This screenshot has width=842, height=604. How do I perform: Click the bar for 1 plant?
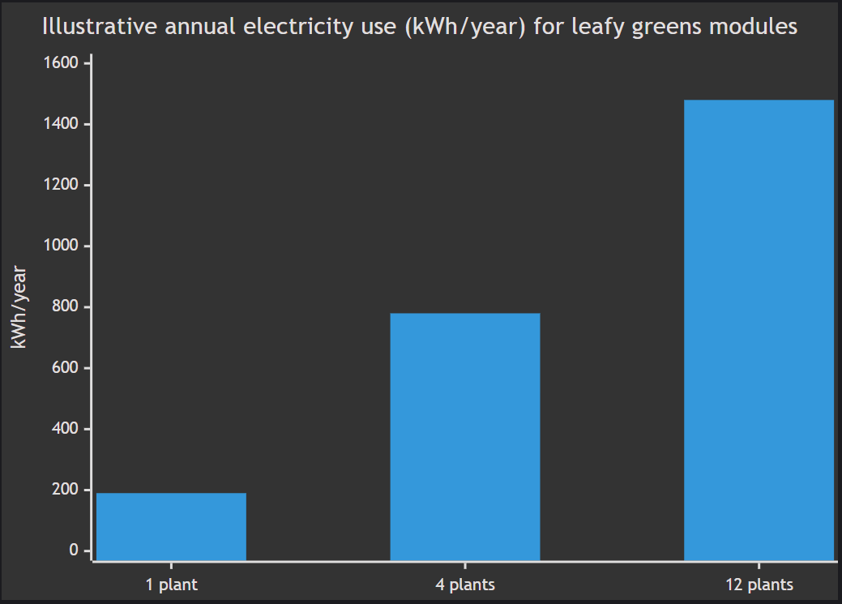pyautogui.click(x=171, y=526)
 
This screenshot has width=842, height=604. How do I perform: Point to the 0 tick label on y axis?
pyautogui.click(x=74, y=550)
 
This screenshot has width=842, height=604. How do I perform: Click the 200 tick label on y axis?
pyautogui.click(x=66, y=490)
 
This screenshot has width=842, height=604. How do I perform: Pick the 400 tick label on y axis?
pyautogui.click(x=66, y=429)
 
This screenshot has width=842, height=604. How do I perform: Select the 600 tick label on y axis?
pyautogui.click(x=66, y=368)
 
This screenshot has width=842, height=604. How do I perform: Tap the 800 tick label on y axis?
pyautogui.click(x=66, y=307)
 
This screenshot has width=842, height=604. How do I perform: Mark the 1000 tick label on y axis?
pyautogui.click(x=63, y=246)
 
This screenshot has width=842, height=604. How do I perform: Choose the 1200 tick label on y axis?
pyautogui.click(x=63, y=185)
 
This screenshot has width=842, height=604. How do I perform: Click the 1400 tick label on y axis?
pyautogui.click(x=63, y=124)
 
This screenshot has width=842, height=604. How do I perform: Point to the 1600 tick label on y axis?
pyautogui.click(x=63, y=63)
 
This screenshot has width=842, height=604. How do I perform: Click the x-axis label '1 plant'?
pyautogui.click(x=171, y=584)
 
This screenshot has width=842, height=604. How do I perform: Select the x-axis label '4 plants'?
pyautogui.click(x=465, y=584)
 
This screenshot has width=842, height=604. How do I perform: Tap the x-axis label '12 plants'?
pyautogui.click(x=759, y=584)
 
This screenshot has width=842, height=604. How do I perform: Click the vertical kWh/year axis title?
pyautogui.click(x=19, y=307)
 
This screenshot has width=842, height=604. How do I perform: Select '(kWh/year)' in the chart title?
pyautogui.click(x=465, y=27)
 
